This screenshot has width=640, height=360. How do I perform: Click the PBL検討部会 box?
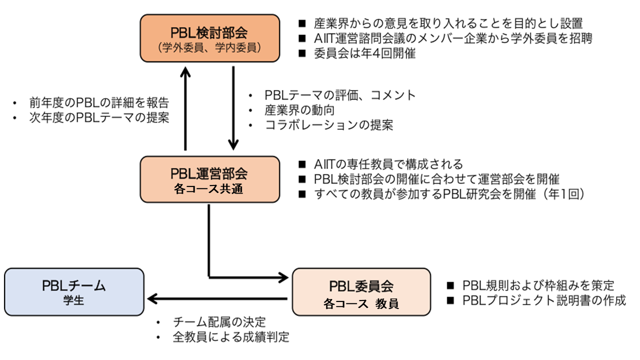tap(209, 38)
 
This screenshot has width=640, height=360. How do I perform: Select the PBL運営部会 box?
tap(209, 179)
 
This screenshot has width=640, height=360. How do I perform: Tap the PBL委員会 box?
tap(361, 292)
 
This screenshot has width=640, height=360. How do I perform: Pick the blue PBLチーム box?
tap(74, 292)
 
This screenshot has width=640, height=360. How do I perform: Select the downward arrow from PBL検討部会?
tap(233, 107)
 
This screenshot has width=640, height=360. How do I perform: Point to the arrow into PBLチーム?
tap(217, 299)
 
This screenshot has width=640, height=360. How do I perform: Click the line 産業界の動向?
tap(299, 109)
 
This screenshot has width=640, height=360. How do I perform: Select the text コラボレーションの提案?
tap(329, 125)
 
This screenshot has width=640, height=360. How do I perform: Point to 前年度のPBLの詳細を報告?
tap(99, 102)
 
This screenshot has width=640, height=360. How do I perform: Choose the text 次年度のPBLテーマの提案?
tap(99, 118)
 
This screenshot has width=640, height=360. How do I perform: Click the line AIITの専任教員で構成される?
tap(388, 164)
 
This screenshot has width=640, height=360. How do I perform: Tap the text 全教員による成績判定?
tap(231, 337)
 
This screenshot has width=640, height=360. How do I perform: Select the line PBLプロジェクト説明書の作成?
tap(543, 300)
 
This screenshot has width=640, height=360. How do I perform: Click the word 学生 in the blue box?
tap(74, 301)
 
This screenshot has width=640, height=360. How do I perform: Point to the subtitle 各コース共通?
tap(209, 189)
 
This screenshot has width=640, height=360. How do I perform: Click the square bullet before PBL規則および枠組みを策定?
tap(450, 285)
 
